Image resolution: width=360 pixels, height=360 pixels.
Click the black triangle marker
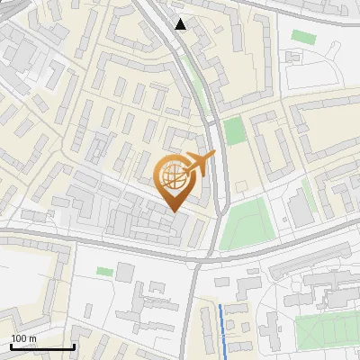coord(181,24)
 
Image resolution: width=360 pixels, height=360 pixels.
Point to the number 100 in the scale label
coord(19,338)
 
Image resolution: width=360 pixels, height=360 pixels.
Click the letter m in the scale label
coord(33,338)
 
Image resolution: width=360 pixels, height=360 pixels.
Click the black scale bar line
coord(42,346)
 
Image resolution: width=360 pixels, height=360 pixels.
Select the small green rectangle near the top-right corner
coord(301,36)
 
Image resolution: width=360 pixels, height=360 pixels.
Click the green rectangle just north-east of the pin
coord(234,130)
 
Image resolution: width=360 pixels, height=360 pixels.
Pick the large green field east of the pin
coord(245,223)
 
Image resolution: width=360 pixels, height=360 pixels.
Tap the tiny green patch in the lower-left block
coord(105,271)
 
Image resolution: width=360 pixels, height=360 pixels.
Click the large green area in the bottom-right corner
coord(326,331)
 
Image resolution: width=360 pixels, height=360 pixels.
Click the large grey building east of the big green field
coord(300,209)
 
